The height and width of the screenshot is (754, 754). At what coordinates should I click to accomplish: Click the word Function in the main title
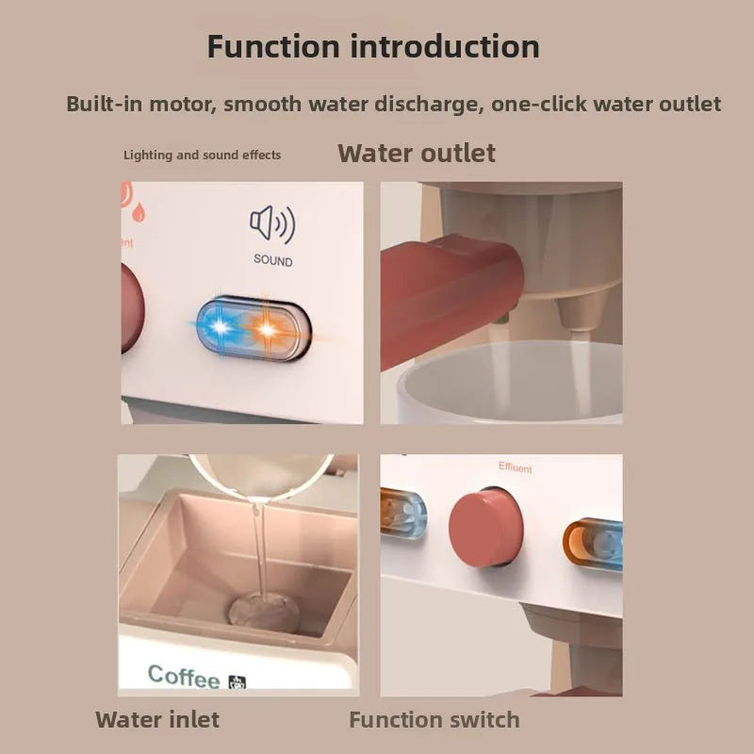[273, 46]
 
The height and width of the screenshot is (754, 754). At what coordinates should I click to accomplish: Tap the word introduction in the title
[445, 46]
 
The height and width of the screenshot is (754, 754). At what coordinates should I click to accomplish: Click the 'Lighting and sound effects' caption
[202, 155]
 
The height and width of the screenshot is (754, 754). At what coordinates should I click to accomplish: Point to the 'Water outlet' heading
[417, 154]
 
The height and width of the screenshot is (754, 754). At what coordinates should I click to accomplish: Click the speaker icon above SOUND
[272, 223]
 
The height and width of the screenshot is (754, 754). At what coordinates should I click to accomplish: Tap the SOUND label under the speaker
[273, 261]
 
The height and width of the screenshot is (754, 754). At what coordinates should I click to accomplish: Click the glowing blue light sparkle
[221, 327]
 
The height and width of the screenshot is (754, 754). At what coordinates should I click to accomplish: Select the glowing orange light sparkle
[268, 329]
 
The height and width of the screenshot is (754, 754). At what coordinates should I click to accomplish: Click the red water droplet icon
[139, 212]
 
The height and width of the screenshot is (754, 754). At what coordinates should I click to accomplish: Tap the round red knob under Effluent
[485, 528]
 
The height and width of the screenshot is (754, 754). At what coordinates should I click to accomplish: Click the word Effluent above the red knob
[515, 467]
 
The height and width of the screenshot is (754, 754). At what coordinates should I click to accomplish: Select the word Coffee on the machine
[183, 676]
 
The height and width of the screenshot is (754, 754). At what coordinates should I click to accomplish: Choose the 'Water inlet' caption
[157, 720]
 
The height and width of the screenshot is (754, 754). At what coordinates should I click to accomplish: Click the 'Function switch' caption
[434, 720]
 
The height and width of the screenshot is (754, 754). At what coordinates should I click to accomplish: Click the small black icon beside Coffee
[238, 682]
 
